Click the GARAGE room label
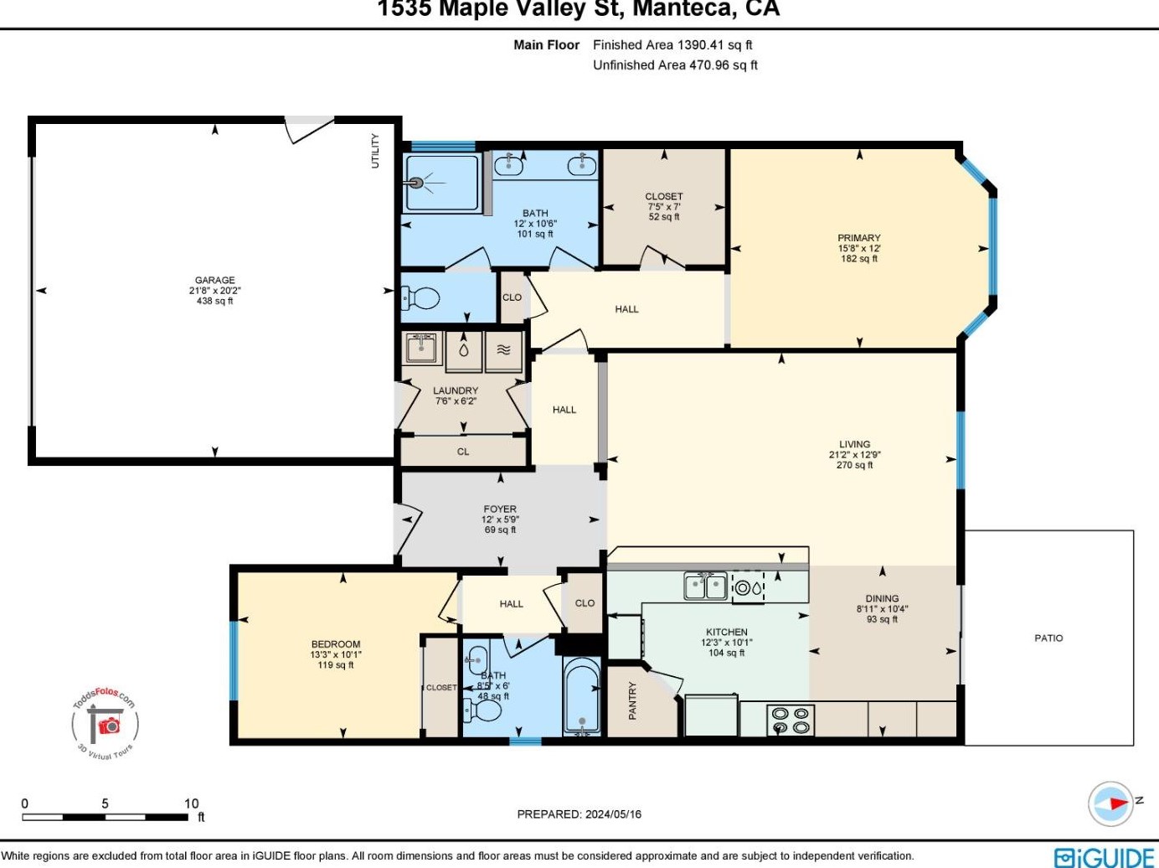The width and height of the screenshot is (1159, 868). click(x=214, y=280)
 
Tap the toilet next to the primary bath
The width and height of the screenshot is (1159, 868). click(x=421, y=298)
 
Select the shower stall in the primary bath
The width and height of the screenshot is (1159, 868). click(x=440, y=182)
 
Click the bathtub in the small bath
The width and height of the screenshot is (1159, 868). click(x=581, y=696)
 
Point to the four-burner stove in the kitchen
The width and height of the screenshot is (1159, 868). click(x=790, y=720)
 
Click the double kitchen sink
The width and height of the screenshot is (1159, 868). click(x=706, y=586)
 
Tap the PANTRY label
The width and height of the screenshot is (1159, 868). click(x=633, y=700)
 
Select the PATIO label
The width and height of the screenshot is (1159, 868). click(x=1048, y=638)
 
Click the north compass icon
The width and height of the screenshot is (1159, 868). click(x=1111, y=803)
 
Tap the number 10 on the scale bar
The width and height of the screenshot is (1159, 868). click(x=191, y=803)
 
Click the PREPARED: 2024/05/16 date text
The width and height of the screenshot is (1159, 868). click(x=579, y=814)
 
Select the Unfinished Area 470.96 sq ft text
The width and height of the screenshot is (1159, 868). click(x=675, y=65)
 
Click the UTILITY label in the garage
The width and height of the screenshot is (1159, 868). click(x=375, y=151)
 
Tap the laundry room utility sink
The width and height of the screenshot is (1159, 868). click(x=420, y=348)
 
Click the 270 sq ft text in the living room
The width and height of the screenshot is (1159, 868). click(x=854, y=465)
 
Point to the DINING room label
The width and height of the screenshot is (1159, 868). click(x=882, y=598)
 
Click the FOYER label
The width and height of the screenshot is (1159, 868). click(x=500, y=509)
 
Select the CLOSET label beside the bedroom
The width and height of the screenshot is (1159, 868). click(x=441, y=687)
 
